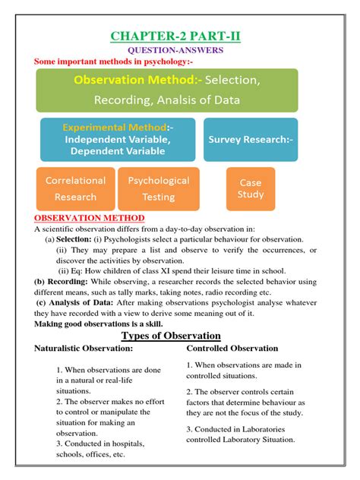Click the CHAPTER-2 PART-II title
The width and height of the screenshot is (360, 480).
coord(177,36)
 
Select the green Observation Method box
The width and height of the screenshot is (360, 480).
coord(166,90)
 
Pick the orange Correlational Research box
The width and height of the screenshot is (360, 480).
coord(74,189)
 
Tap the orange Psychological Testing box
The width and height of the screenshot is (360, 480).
coord(159,189)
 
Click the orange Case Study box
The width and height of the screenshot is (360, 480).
coord(251,188)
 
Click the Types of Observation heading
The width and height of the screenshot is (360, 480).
coord(171,336)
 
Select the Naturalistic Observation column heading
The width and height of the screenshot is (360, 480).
coord(84,349)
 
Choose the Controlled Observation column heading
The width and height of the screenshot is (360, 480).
coord(232,349)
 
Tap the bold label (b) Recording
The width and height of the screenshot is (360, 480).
coord(56,280)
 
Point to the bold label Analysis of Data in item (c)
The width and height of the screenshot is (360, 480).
coord(81,302)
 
